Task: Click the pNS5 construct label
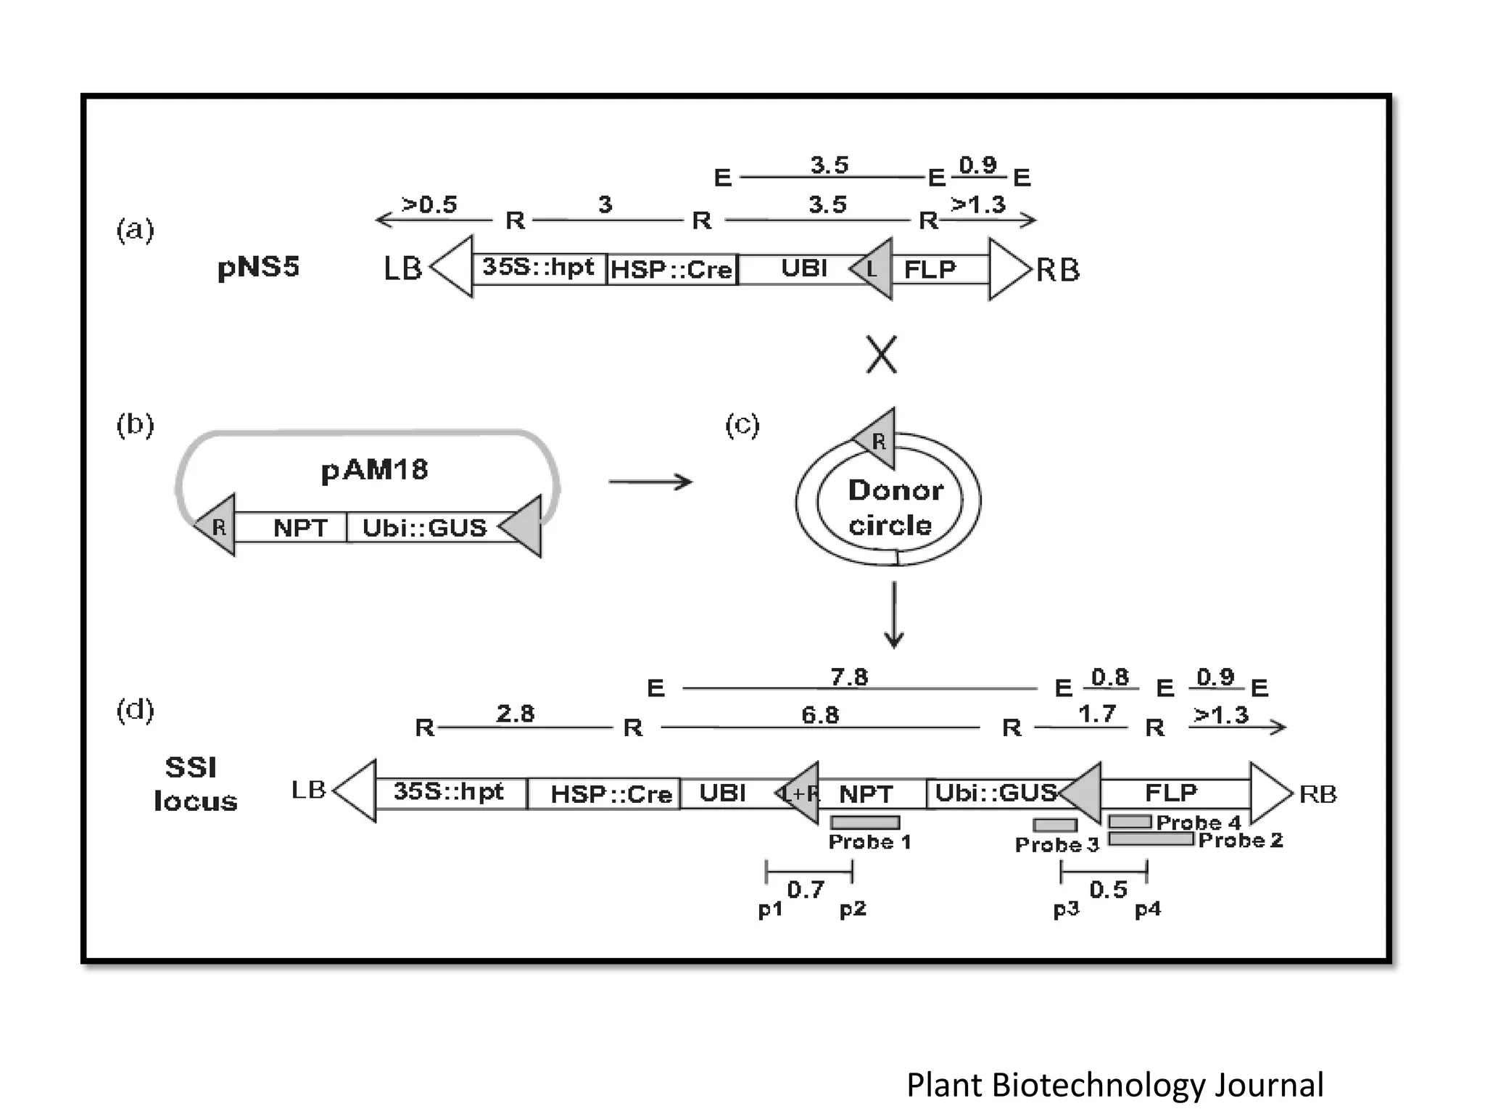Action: [x=258, y=268]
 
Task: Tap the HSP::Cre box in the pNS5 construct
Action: [x=671, y=270]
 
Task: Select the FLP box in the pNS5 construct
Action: [x=930, y=270]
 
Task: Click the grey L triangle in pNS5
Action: [x=874, y=269]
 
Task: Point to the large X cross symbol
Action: [x=881, y=355]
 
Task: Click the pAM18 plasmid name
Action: [x=374, y=470]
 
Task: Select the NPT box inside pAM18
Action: [x=299, y=527]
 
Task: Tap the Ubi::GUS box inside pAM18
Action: [x=424, y=527]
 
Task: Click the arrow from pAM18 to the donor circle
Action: [x=650, y=482]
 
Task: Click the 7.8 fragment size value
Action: [x=848, y=677]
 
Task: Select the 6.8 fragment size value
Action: [x=820, y=716]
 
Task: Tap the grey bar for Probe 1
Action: [x=865, y=822]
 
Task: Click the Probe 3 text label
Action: [x=1056, y=845]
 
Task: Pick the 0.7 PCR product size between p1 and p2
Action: [x=806, y=890]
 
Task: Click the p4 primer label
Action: [x=1148, y=909]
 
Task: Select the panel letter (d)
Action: [x=135, y=710]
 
